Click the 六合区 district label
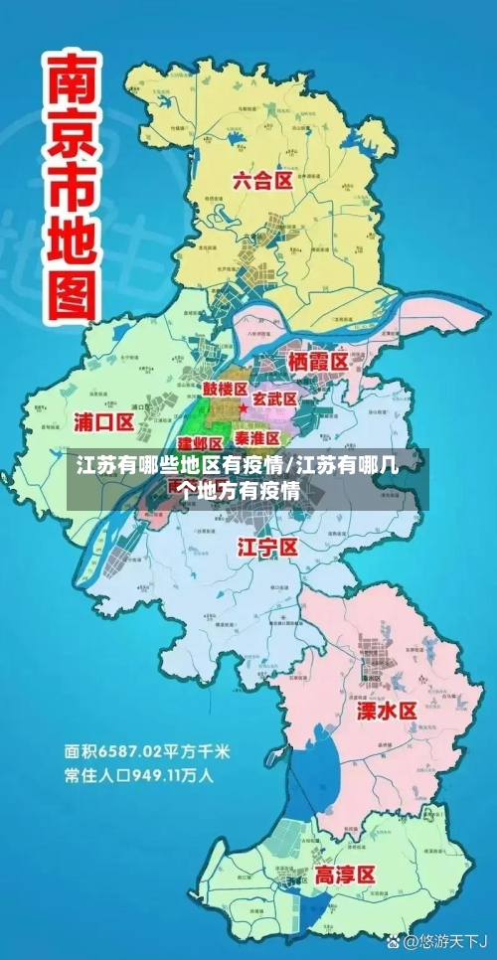tap(262, 180)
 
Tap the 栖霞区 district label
tap(317, 359)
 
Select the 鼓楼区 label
tap(225, 389)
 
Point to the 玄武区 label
tap(275, 399)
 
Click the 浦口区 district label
tap(103, 421)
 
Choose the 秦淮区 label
tap(257, 437)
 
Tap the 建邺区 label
tap(200, 442)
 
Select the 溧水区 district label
tap(387, 711)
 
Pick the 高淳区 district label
tap(344, 875)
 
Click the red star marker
tap(244, 408)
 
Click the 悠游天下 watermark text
tap(446, 939)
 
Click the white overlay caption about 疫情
tap(248, 476)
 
